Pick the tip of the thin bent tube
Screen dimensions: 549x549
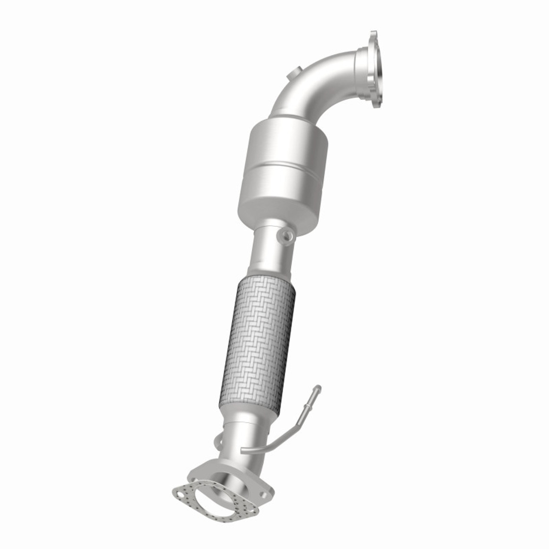tap(318, 388)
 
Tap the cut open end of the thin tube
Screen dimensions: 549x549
tap(243, 449)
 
